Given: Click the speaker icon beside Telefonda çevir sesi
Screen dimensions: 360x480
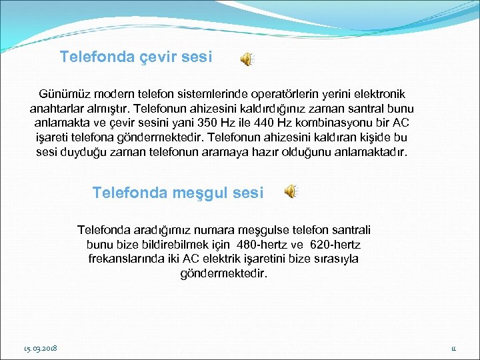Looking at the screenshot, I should (x=246, y=59).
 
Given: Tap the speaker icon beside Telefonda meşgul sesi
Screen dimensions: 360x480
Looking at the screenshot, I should (x=291, y=192).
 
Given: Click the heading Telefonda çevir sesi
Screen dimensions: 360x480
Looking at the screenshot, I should (x=136, y=57).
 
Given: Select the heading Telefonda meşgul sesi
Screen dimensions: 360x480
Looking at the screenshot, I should (x=178, y=193).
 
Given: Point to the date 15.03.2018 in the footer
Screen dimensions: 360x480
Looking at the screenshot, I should (x=40, y=348).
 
